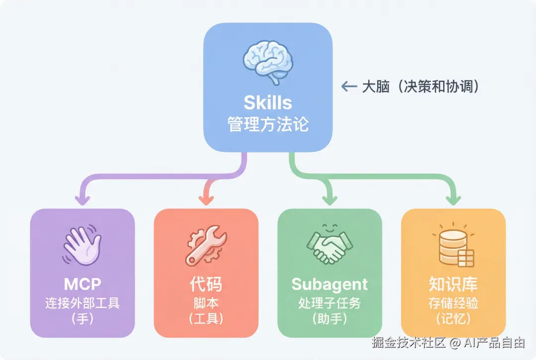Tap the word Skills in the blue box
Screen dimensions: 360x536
point(268,102)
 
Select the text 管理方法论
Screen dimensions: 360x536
point(268,124)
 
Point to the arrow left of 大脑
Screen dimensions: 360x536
point(349,86)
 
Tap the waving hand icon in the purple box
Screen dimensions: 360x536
point(82,246)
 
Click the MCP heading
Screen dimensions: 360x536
point(82,284)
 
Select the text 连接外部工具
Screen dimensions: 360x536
point(82,302)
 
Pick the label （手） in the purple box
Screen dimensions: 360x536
point(82,318)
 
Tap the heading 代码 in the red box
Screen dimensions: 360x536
point(206,284)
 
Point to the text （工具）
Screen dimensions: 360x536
point(206,318)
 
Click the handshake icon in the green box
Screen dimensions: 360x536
point(330,246)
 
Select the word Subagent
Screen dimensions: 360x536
point(330,284)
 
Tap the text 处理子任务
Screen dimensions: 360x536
point(330,302)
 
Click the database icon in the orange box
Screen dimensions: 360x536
point(454,245)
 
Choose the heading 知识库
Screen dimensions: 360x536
point(454,284)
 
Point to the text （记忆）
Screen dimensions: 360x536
point(454,318)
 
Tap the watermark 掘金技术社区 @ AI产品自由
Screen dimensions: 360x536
point(448,342)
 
